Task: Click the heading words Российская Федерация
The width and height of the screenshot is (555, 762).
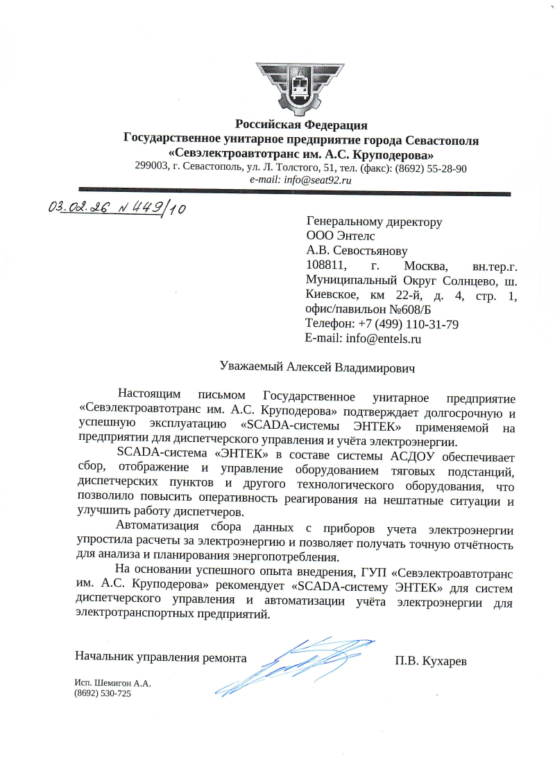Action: (301, 125)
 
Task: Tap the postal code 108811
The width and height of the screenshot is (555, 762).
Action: (323, 266)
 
